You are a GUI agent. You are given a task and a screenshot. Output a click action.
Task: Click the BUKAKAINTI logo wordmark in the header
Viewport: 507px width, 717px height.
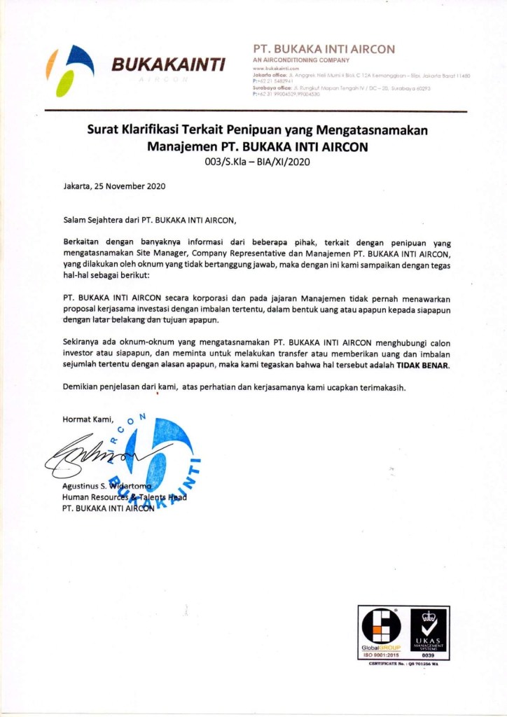click(x=169, y=65)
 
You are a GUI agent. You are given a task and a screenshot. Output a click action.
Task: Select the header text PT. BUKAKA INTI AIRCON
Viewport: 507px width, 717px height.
click(x=324, y=49)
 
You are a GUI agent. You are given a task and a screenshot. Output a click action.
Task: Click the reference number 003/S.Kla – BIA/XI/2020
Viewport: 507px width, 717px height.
click(x=257, y=162)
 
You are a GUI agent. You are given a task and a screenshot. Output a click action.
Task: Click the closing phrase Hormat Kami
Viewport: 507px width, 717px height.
click(x=88, y=419)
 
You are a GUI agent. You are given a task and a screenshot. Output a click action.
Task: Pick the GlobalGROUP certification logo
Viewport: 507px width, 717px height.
click(x=381, y=635)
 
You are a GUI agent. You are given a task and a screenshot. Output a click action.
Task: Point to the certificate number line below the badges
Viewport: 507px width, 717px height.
click(x=403, y=664)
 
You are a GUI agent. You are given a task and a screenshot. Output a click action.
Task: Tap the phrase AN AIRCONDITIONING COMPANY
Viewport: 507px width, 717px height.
click(x=300, y=61)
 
